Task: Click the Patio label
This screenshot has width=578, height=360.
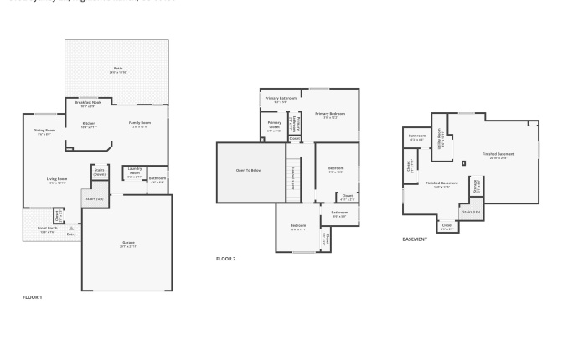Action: coord(117,69)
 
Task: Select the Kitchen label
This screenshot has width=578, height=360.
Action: coord(89,125)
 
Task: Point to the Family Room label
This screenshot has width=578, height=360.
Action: coord(139,124)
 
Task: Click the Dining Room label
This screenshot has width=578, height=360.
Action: coord(44,131)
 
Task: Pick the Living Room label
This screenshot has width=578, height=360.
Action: coord(57,180)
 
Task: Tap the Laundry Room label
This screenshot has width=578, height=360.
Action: coord(134,174)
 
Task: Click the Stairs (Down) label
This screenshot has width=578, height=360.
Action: coord(100,171)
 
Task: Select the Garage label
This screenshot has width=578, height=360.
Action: coord(128,244)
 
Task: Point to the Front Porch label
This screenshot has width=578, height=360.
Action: coord(47,229)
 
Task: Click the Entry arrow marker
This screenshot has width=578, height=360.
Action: coord(71,228)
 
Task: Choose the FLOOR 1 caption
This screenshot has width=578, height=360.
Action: coord(32,297)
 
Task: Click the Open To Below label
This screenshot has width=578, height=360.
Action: coord(249,170)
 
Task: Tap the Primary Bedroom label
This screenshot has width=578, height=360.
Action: coord(330,115)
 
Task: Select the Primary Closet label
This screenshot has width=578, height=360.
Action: coord(274,126)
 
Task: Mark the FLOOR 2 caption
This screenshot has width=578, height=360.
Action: coord(226,259)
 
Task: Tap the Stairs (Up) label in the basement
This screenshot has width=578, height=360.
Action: coord(472,212)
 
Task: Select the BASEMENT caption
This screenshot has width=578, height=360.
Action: coord(415,239)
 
